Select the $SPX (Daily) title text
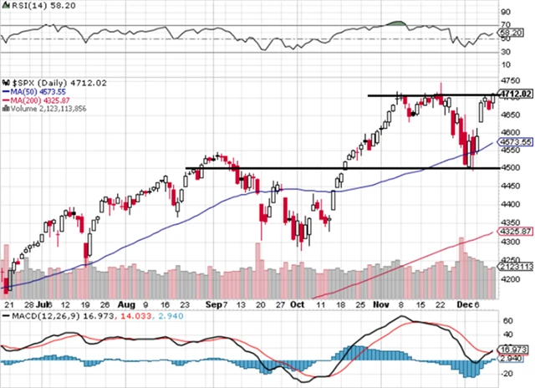tap(38, 82)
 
